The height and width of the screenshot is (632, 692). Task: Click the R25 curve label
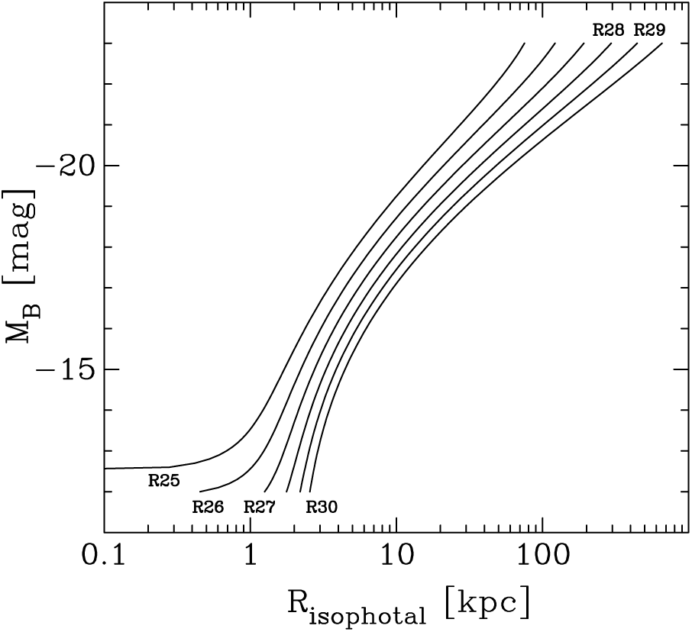pyautogui.click(x=164, y=481)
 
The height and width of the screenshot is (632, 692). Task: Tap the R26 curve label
pyautogui.click(x=208, y=506)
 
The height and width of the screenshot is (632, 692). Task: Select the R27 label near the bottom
pyautogui.click(x=259, y=506)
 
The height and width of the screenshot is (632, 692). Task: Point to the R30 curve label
pyautogui.click(x=322, y=506)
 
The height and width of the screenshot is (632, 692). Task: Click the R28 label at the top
pyautogui.click(x=609, y=31)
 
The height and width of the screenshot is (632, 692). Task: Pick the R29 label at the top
pyautogui.click(x=649, y=31)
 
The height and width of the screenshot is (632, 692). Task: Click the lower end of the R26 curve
pyautogui.click(x=200, y=492)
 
